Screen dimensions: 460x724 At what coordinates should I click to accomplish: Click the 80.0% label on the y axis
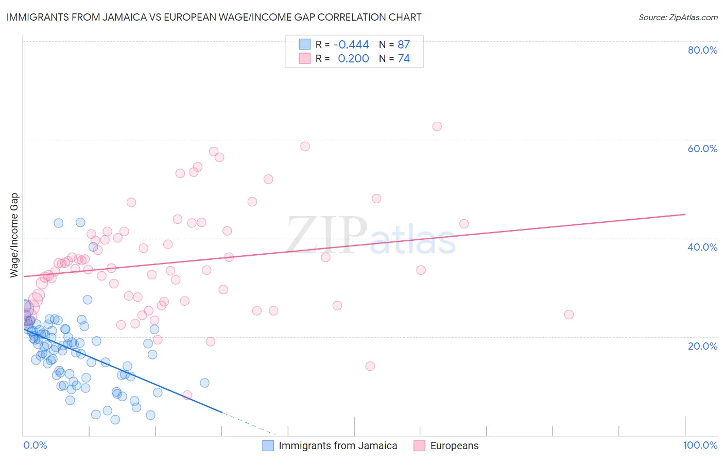point(702,50)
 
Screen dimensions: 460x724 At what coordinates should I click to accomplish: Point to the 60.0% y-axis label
point(702,149)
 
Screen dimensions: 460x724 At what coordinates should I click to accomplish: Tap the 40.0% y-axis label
point(702,247)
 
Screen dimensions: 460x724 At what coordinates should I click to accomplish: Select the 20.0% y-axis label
point(702,346)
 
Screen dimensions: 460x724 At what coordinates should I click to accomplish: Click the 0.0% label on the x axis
point(35,445)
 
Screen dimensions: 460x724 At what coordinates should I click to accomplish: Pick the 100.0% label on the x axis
point(700,445)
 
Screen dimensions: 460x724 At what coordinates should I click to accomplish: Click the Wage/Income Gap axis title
point(14,235)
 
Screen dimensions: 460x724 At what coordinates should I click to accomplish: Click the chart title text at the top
point(214,17)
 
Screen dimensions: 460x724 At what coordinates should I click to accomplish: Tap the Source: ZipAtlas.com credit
point(678,17)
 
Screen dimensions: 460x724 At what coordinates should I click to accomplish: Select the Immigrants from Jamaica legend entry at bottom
point(338,446)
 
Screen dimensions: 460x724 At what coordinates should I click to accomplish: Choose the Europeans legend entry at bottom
point(454,446)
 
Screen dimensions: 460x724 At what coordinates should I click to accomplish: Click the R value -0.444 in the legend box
point(351,45)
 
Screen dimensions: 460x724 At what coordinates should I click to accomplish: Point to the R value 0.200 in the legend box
point(353,59)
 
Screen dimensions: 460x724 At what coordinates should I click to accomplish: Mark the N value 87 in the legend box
point(404,45)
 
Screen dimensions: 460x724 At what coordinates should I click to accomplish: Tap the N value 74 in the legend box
point(404,59)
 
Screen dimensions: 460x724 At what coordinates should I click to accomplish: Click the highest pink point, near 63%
point(437,126)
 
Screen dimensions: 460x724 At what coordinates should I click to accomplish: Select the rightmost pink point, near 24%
point(568,315)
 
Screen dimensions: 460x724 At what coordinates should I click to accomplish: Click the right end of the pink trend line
point(685,214)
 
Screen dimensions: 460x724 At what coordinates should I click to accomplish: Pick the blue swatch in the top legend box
point(305,45)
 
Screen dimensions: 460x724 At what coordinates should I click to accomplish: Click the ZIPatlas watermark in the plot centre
point(371,236)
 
